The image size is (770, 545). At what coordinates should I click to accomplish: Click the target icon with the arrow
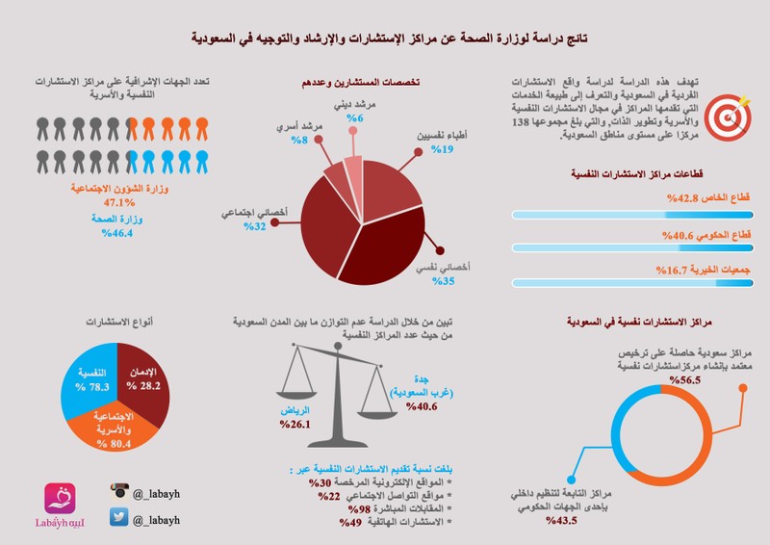723,117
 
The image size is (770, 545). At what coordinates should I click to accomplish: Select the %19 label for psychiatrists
442,150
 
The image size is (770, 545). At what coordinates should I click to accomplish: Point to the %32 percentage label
254,226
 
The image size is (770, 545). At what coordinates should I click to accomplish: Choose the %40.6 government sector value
680,234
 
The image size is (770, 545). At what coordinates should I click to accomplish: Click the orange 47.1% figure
119,203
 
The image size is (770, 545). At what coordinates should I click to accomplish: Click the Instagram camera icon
120,492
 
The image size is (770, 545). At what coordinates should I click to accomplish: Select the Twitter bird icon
120,518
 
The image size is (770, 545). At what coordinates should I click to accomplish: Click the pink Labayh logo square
61,498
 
